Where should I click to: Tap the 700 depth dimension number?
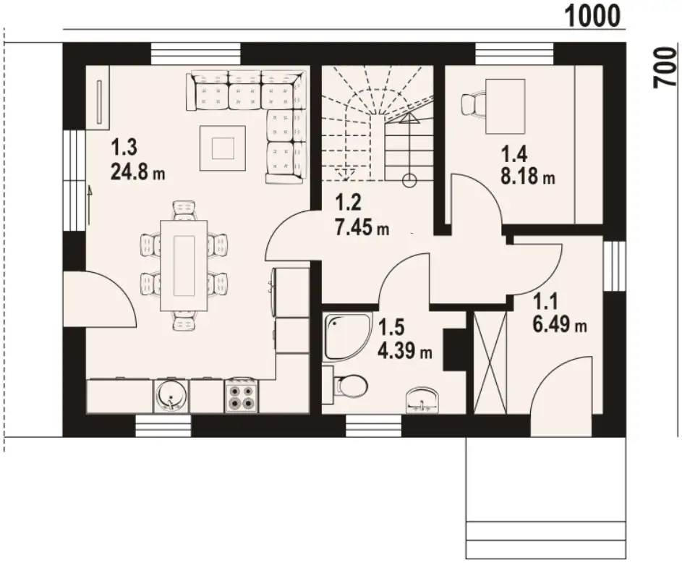click(665, 67)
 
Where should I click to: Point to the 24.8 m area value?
click(138, 172)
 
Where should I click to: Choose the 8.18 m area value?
click(528, 177)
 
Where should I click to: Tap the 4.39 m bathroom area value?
click(404, 351)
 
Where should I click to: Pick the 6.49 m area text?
click(559, 324)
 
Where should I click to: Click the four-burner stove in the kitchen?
click(242, 396)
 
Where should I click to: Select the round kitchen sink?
click(171, 396)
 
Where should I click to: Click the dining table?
click(184, 266)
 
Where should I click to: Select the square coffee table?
click(223, 148)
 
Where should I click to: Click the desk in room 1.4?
click(505, 106)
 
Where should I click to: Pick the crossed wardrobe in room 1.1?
click(490, 362)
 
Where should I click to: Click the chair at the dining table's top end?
click(184, 211)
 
